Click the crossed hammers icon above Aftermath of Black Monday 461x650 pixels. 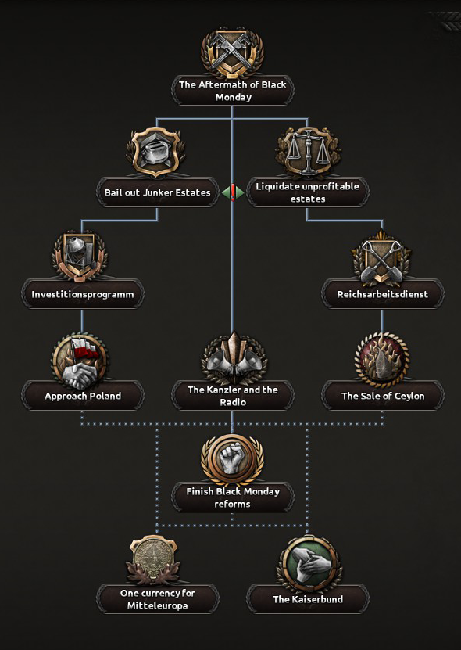click(x=232, y=52)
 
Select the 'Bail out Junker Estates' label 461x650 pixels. click(x=157, y=192)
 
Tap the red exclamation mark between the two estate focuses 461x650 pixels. click(x=233, y=192)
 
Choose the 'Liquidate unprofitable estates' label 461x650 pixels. click(x=307, y=192)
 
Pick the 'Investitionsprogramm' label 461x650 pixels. click(x=82, y=294)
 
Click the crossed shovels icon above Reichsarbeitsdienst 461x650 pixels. click(x=382, y=257)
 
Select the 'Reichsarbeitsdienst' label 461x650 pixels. click(x=382, y=294)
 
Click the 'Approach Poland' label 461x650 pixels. click(x=83, y=396)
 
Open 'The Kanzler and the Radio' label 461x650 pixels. click(x=233, y=396)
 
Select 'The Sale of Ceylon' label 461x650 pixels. click(x=383, y=396)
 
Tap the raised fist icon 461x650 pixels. click(x=232, y=459)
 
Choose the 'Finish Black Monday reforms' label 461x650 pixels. click(x=233, y=497)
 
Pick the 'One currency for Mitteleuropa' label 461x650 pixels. click(x=157, y=599)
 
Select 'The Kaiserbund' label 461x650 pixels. click(x=308, y=599)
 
